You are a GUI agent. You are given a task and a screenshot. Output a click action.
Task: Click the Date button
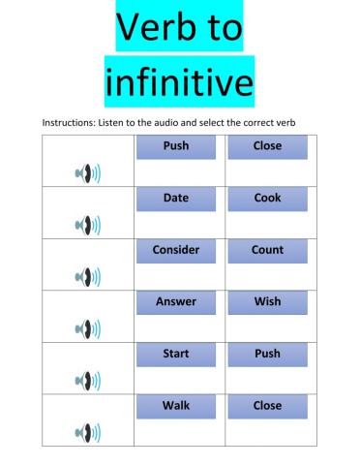175,199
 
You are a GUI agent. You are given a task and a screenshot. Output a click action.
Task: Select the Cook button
267,199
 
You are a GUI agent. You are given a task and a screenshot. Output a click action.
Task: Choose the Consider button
175,250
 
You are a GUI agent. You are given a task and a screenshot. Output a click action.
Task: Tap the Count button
267,250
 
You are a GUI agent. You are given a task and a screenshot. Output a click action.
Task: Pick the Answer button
175,302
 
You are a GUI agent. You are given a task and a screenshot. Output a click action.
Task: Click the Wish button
267,302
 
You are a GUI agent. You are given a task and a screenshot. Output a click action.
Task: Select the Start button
175,355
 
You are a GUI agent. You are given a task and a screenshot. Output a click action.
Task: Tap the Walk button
175,406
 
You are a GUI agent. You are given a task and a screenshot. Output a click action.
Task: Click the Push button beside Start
267,355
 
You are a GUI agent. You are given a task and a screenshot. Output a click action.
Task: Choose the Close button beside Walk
267,406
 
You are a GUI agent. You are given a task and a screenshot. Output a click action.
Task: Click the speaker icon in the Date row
87,226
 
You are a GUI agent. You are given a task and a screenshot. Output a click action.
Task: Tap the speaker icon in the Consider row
87,278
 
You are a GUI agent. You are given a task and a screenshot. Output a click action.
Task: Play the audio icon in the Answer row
87,329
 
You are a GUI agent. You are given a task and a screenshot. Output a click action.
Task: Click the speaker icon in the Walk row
87,433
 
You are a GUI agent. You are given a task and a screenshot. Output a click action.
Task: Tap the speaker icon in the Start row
87,381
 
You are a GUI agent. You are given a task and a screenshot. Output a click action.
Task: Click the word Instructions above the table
71,122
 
